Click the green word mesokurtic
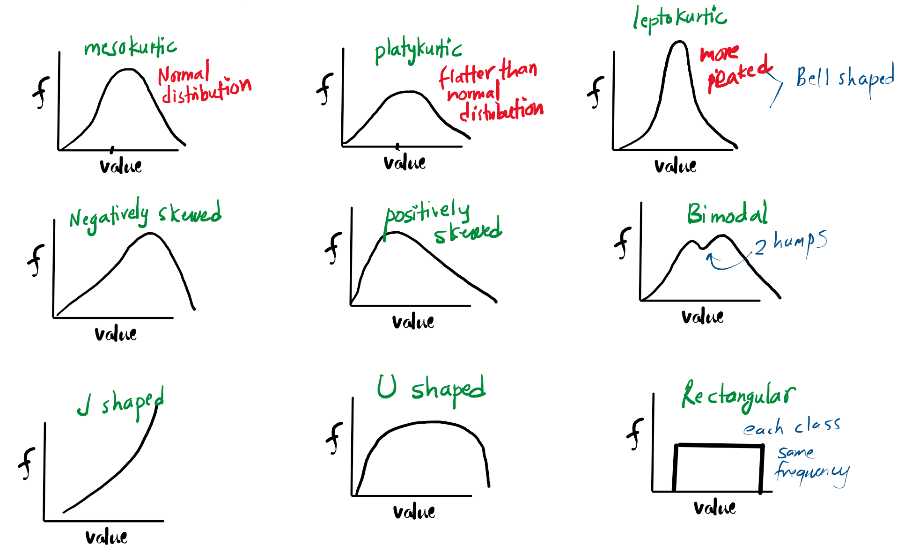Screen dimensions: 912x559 pos(130,48)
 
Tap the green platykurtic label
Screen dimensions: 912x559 pos(418,51)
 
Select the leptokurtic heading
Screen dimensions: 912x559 pos(679,19)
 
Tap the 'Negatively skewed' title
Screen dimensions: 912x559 pos(145,215)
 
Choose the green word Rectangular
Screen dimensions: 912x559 pos(738,396)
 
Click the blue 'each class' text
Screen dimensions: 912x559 pos(792,427)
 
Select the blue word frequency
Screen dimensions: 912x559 pos(811,472)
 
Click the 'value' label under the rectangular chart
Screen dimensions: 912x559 pos(714,508)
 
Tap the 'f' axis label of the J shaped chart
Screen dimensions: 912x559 pos(27,463)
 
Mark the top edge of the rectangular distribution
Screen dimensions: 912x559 pos(719,446)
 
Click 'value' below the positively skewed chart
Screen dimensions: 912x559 pos(413,322)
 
